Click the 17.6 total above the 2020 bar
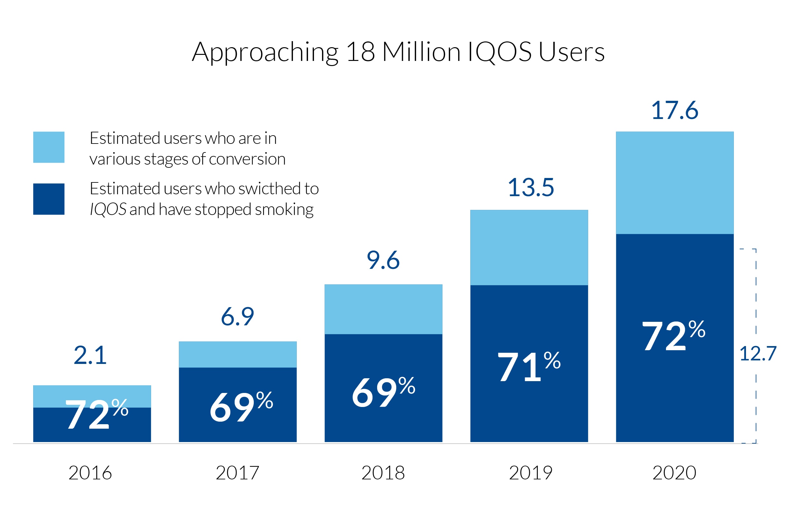point(675,110)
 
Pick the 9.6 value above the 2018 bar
point(383,261)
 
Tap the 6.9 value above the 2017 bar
point(238,317)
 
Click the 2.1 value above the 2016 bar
point(90,356)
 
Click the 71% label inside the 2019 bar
point(529,366)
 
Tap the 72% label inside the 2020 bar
point(674,336)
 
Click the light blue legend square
point(49,147)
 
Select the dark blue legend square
point(49,199)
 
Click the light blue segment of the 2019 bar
point(529,248)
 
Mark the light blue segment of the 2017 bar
point(238,355)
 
